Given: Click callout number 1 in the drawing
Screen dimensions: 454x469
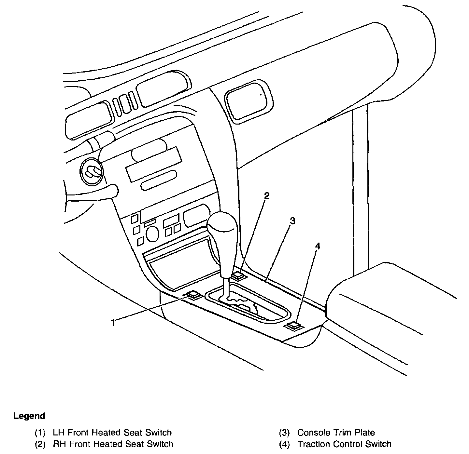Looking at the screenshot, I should click(x=113, y=323).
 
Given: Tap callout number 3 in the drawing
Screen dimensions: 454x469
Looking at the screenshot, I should click(x=292, y=221).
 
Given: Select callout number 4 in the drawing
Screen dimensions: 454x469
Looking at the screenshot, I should click(x=318, y=246).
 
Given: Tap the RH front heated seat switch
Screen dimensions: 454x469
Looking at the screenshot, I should click(x=238, y=275).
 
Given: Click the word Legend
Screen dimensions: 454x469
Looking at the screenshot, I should click(x=29, y=416).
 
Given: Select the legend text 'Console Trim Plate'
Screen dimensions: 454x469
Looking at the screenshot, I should click(x=336, y=433).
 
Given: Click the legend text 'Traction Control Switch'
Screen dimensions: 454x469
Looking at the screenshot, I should click(x=344, y=444).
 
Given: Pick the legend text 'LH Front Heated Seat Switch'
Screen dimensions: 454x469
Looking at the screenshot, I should click(x=112, y=433).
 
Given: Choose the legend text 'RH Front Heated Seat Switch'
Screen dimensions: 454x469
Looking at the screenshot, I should click(x=113, y=444).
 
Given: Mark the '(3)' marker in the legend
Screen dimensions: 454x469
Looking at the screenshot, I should click(x=284, y=433).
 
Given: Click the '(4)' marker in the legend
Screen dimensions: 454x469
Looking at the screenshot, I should click(x=284, y=444).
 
